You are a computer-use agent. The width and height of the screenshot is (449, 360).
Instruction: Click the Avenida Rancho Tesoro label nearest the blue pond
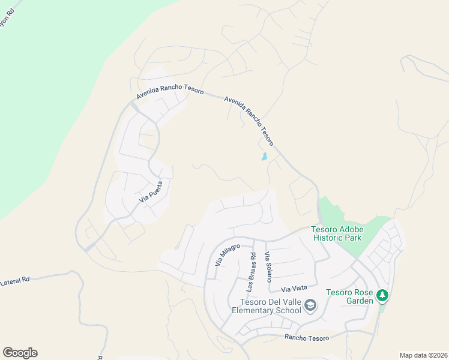[x=249, y=121]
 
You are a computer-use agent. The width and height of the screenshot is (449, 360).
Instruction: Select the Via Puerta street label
[x=151, y=191]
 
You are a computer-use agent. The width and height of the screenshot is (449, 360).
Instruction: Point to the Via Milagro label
[x=228, y=255]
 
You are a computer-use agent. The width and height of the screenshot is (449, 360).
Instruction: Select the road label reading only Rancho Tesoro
[x=307, y=338]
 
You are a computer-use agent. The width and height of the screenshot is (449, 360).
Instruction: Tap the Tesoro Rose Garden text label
[x=350, y=296]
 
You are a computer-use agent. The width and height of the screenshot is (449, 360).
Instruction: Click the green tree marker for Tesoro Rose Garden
[x=382, y=295]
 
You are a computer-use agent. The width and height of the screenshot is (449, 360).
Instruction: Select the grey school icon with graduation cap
[x=310, y=306]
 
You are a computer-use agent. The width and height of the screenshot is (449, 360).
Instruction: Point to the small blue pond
[x=264, y=157]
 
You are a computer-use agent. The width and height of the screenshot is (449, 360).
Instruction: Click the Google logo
[x=20, y=353]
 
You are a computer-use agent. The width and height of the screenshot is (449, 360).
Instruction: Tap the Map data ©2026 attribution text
[x=423, y=355]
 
